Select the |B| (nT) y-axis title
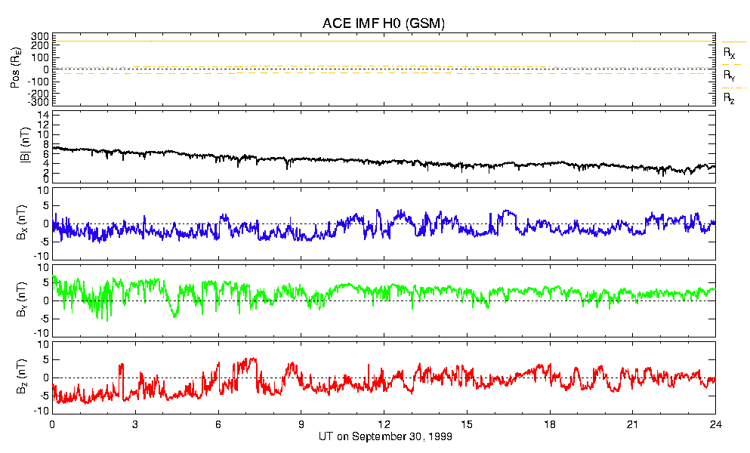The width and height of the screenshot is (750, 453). [15, 148]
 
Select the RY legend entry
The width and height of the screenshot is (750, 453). [730, 75]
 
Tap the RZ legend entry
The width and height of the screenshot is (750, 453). [730, 98]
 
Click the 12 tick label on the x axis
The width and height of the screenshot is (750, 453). [384, 424]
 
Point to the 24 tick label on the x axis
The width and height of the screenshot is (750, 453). [715, 424]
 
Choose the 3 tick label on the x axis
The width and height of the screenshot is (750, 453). [135, 424]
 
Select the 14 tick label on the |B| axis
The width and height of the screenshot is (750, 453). [44, 115]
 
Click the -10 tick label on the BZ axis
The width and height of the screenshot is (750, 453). [42, 411]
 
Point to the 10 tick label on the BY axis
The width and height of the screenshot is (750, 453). [44, 267]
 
